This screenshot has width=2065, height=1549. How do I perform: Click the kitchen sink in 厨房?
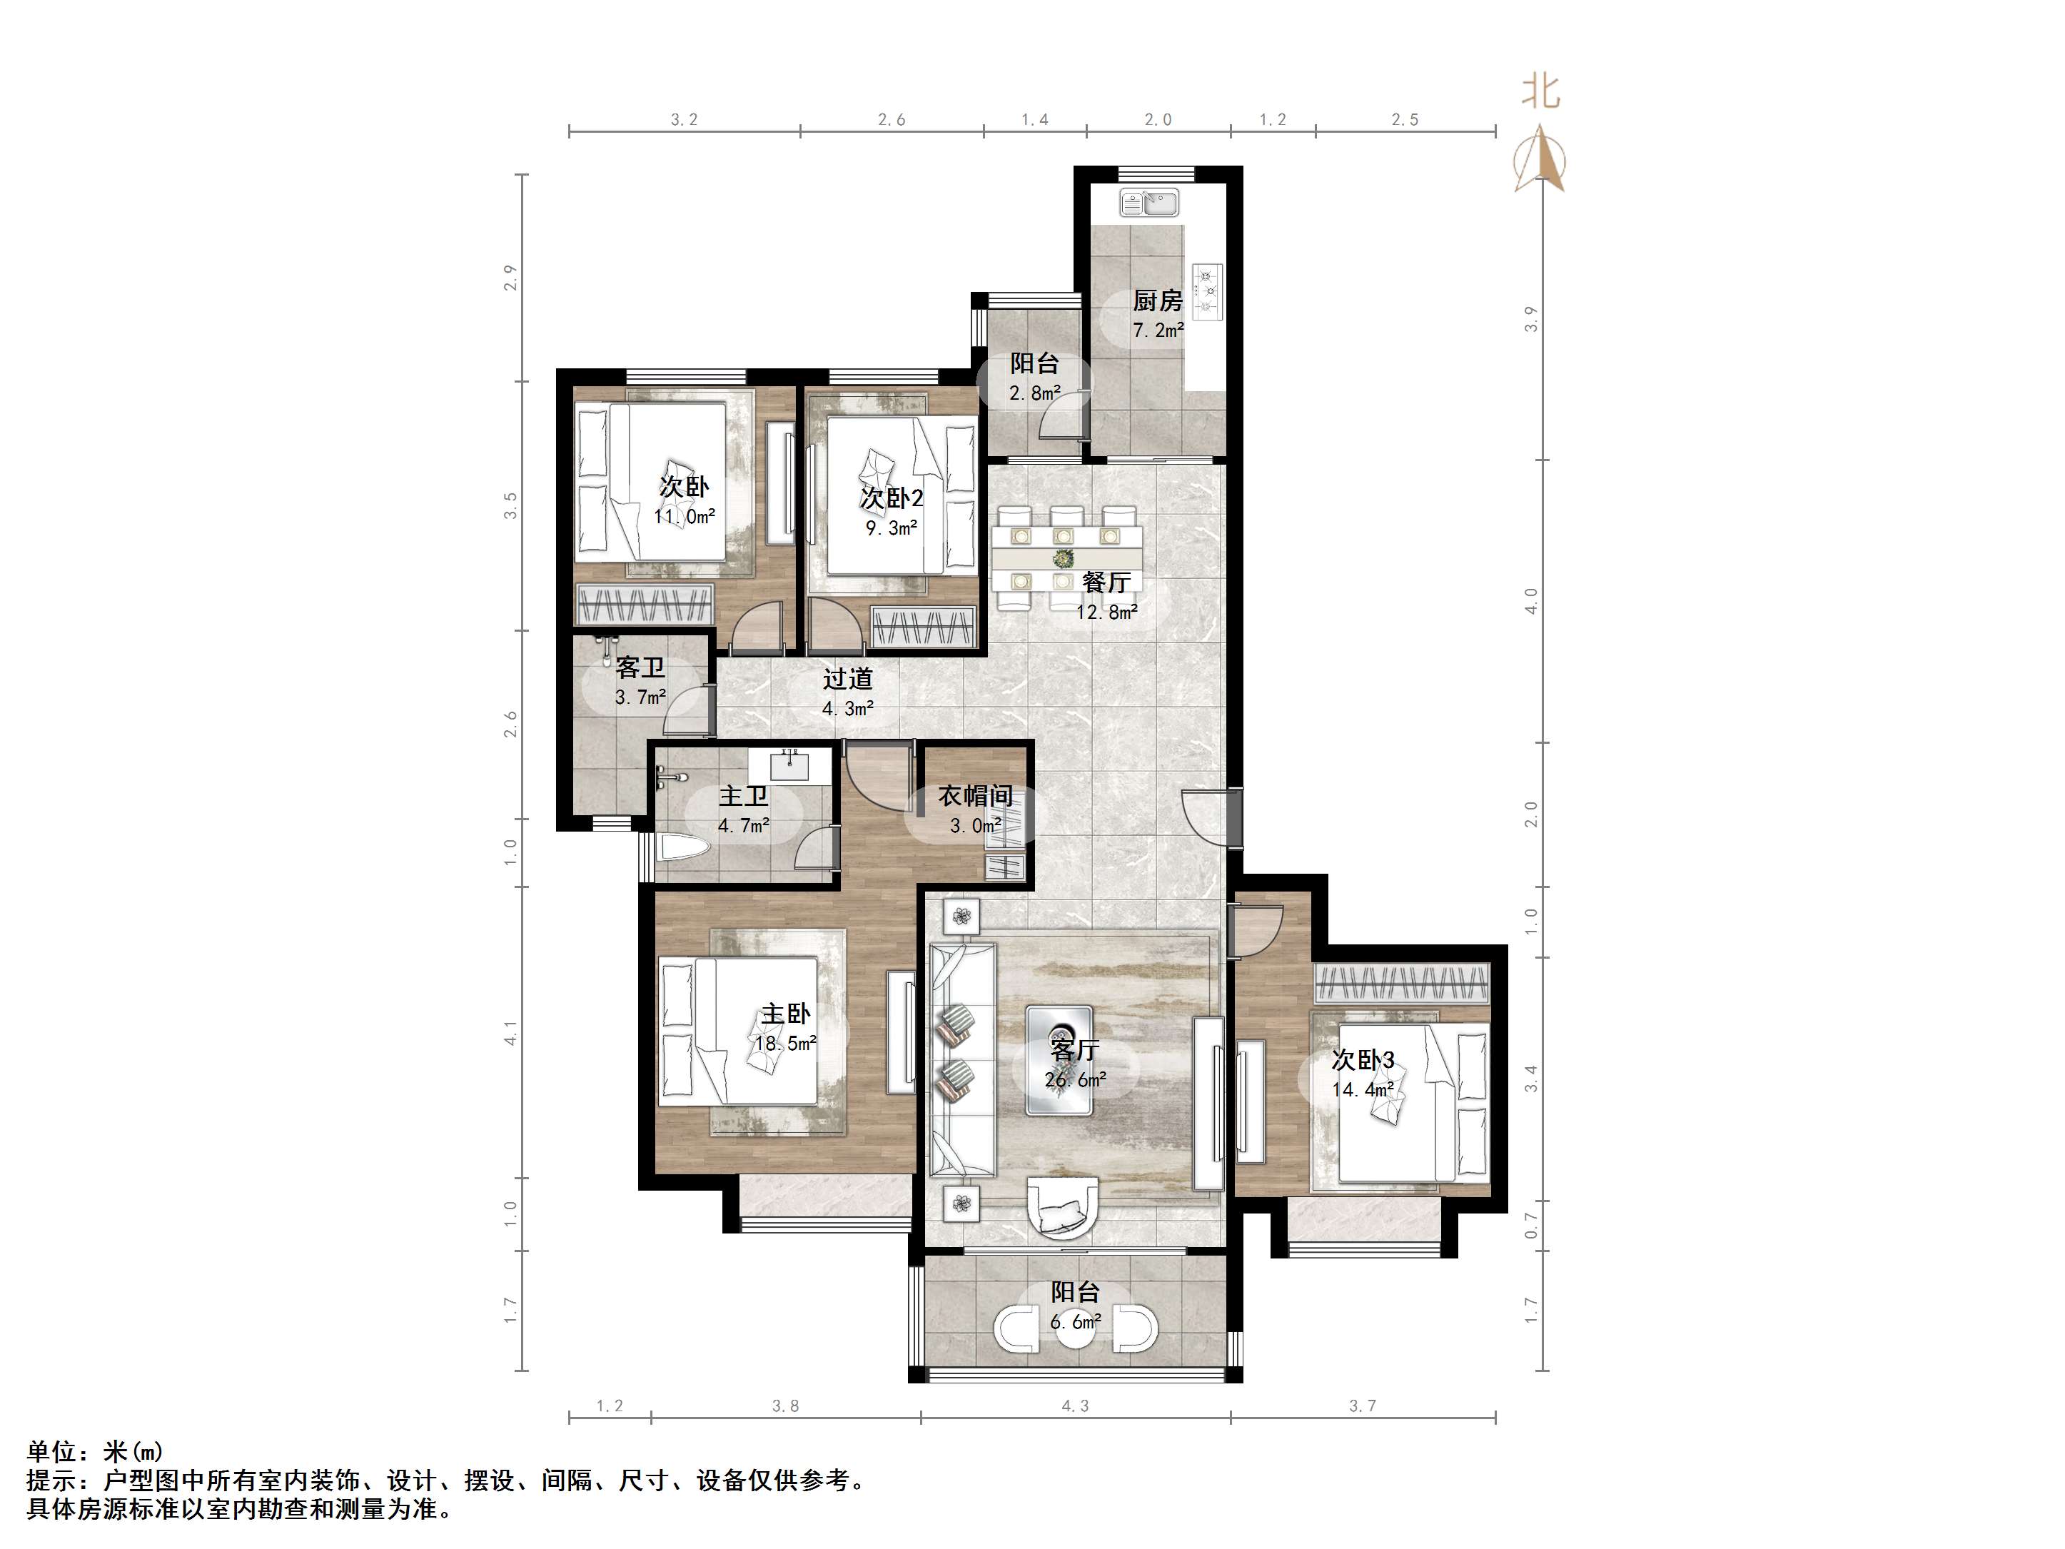(x=1149, y=203)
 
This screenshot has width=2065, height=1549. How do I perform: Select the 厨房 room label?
(x=1158, y=301)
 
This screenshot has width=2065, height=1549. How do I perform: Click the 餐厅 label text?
(x=1106, y=582)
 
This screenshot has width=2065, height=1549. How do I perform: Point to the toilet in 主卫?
(x=682, y=849)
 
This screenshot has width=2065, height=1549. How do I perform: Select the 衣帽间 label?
(x=976, y=797)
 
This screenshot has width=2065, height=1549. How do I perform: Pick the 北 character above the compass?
(x=1541, y=91)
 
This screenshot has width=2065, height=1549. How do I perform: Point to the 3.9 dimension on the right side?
(x=1530, y=319)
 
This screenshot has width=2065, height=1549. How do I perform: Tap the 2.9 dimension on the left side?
(x=510, y=277)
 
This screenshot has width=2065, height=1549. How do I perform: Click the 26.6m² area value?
(x=1076, y=1080)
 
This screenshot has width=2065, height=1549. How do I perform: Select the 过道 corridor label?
(x=848, y=679)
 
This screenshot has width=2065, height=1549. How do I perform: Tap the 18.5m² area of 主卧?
(x=786, y=1043)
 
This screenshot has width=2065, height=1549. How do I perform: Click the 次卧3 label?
(x=1363, y=1060)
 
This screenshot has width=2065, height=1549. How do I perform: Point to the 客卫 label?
(x=640, y=667)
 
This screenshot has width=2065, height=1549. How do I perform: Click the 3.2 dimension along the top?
(x=685, y=119)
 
